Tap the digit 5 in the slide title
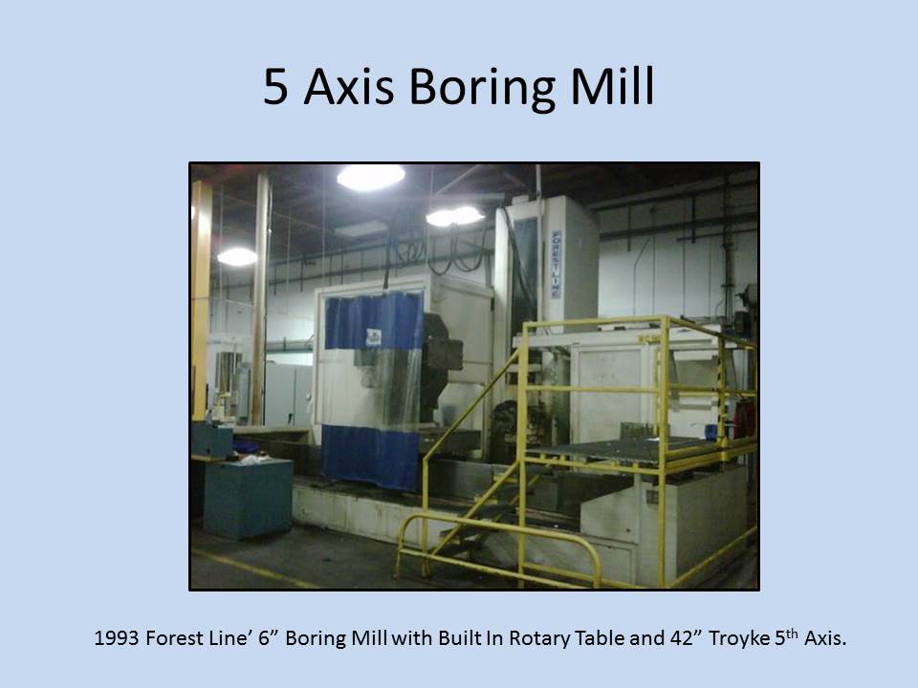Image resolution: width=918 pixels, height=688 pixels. [x=275, y=87]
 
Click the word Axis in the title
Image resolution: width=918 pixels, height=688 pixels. [x=349, y=87]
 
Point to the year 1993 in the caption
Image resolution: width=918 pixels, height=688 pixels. [x=117, y=637]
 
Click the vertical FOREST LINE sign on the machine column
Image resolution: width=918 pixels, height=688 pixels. [x=556, y=264]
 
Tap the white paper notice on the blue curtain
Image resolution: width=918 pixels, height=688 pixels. [x=374, y=337]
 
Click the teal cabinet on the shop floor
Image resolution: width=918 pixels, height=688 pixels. [x=249, y=499]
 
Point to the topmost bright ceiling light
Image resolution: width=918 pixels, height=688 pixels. [x=371, y=177]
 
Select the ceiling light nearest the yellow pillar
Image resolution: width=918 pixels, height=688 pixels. [x=237, y=256]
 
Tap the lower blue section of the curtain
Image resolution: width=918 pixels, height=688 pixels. [x=370, y=457]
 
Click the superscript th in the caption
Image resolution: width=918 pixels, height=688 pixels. [x=792, y=633]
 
